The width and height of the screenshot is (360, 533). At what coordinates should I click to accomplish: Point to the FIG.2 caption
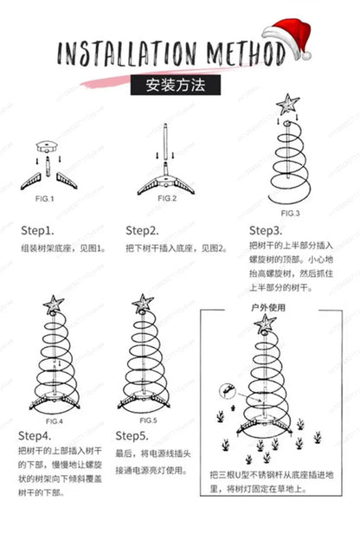click(166, 199)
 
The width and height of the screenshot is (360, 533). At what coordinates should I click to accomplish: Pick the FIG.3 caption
click(291, 213)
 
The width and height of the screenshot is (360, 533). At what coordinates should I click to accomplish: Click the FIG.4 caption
click(54, 420)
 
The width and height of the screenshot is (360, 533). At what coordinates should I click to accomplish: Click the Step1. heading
click(38, 231)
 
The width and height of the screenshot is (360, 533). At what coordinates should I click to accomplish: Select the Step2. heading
click(142, 231)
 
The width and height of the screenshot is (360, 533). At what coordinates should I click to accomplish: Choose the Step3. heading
click(266, 231)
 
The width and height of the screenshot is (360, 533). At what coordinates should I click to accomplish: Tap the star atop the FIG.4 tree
click(54, 305)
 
